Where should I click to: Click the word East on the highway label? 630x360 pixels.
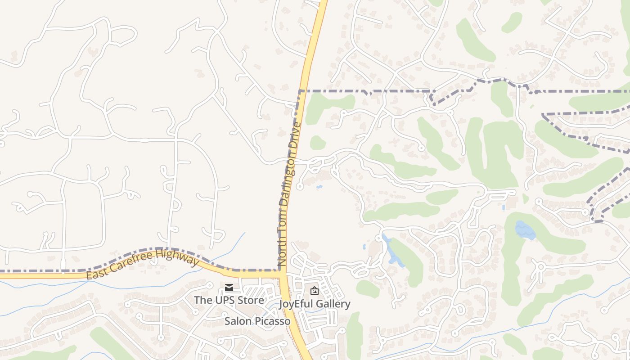95,273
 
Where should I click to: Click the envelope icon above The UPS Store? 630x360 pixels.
229,288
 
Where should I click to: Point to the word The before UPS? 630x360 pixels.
203,300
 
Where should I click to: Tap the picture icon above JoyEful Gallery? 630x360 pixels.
315,291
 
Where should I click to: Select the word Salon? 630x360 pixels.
238,321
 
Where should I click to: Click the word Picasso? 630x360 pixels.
273,321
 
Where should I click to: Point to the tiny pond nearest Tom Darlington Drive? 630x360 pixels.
319,186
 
